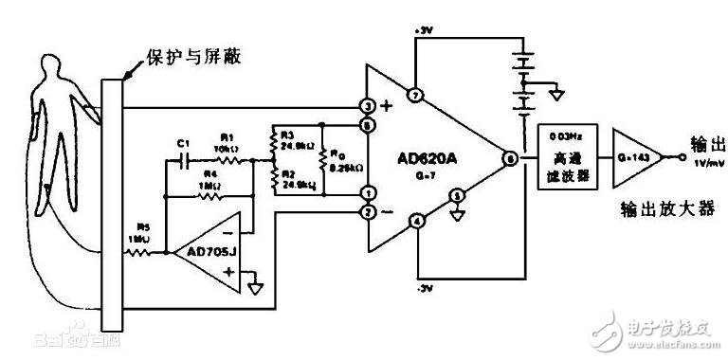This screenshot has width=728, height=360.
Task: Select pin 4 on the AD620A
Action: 413,224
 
